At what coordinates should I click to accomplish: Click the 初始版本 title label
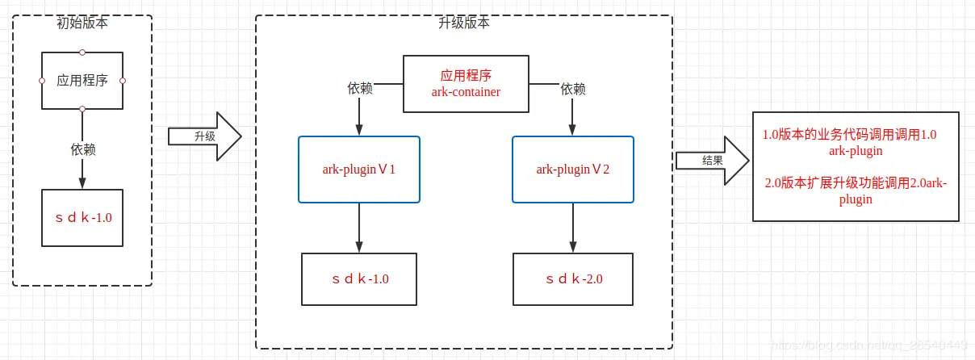(x=82, y=23)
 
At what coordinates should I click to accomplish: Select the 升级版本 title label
(x=464, y=23)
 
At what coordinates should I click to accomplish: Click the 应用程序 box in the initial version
(x=82, y=80)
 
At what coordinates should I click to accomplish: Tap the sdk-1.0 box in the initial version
(x=82, y=217)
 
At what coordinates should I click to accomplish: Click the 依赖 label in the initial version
(x=82, y=149)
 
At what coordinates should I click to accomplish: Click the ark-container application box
(x=466, y=83)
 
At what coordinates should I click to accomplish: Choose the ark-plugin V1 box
(x=359, y=170)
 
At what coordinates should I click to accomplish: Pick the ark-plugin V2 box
(x=573, y=170)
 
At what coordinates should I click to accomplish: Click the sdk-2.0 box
(x=573, y=279)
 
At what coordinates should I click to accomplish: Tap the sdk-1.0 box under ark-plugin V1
(x=359, y=279)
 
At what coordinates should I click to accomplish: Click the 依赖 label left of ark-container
(x=359, y=89)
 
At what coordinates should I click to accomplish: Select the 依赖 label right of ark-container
(x=573, y=89)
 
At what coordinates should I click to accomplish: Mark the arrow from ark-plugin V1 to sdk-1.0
(x=359, y=228)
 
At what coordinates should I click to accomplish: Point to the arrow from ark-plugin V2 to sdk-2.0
(x=573, y=228)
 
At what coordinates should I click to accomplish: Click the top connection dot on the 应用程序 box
(x=82, y=52)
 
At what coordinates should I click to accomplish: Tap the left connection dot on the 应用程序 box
(x=42, y=81)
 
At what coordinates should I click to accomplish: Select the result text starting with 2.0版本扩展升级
(x=856, y=190)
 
